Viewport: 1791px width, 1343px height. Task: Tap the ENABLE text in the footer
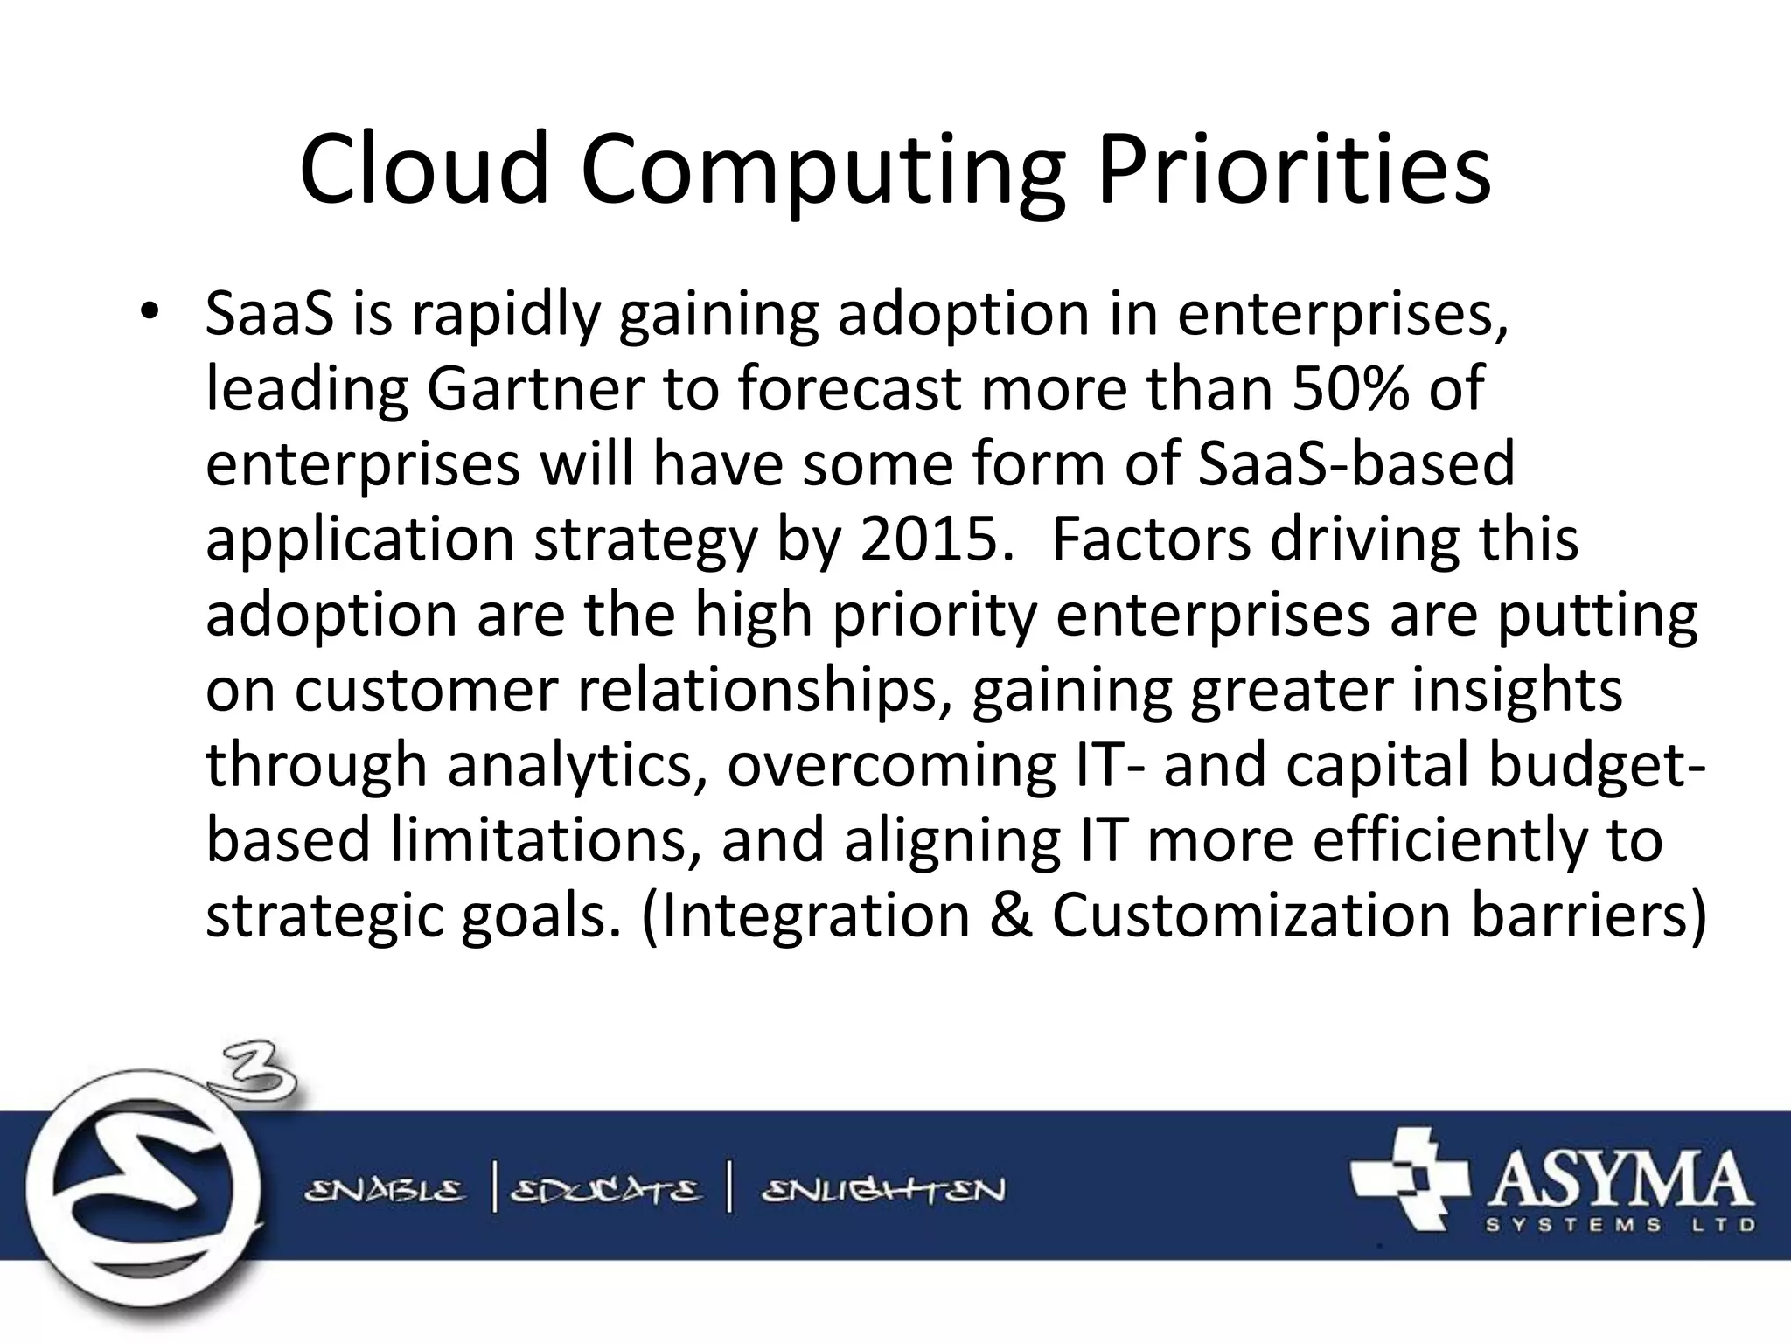click(385, 1191)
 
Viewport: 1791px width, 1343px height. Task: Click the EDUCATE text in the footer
click(605, 1191)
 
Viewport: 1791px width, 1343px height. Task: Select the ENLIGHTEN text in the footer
click(883, 1191)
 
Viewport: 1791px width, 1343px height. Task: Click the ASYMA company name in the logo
click(1616, 1180)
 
